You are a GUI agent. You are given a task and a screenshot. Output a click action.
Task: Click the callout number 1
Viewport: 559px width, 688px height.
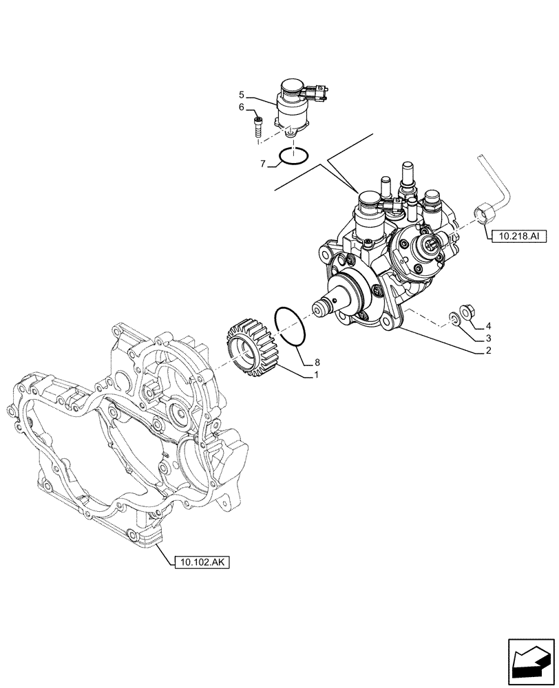tap(317, 375)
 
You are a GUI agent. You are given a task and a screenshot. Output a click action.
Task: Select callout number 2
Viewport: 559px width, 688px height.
tap(488, 351)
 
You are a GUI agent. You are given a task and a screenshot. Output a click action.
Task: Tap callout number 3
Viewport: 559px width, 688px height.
tap(488, 338)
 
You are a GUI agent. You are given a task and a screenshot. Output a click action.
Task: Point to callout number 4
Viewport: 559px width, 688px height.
tap(488, 325)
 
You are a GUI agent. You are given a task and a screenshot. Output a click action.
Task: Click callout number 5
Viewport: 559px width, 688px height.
tap(242, 94)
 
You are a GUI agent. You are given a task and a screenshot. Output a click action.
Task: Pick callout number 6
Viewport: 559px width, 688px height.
tap(242, 107)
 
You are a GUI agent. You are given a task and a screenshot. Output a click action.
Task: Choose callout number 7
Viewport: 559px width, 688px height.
tap(263, 163)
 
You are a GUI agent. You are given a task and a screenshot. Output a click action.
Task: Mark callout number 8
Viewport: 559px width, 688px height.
tap(317, 362)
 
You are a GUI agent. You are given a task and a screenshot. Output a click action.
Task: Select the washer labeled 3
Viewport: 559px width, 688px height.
tap(455, 317)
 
